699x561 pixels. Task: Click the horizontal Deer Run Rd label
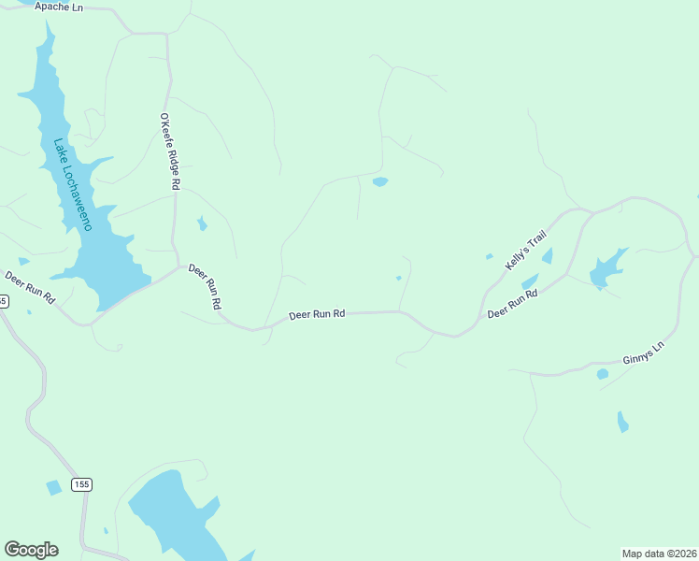[317, 315]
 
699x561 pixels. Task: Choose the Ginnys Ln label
[642, 352]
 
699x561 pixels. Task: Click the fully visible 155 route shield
[81, 484]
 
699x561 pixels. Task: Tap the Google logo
[31, 550]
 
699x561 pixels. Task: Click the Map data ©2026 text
[659, 554]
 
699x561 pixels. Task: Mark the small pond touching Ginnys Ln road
[603, 374]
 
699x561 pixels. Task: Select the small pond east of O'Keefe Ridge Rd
[201, 223]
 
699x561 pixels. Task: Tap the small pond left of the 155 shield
[54, 487]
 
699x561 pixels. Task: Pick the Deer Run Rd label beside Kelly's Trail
[513, 303]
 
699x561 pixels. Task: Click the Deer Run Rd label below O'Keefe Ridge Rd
[206, 286]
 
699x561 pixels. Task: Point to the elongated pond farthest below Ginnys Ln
[622, 422]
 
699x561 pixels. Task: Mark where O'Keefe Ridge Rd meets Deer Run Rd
[178, 266]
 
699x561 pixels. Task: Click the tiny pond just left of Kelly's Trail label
[489, 256]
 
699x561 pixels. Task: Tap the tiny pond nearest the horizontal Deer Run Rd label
[399, 278]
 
